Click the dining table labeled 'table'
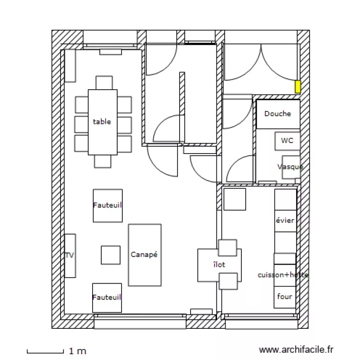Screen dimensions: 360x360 click(102, 122)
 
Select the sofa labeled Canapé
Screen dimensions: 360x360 click(144, 255)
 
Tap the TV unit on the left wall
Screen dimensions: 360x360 click(70, 255)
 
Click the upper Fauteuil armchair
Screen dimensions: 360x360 click(107, 205)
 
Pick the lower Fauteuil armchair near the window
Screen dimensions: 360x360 click(107, 298)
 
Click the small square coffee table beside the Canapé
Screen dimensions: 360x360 click(110, 255)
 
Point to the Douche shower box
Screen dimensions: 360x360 click(277, 114)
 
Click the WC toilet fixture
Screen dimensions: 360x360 click(287, 141)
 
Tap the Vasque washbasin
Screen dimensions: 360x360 click(291, 167)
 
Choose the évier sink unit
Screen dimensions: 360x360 click(285, 221)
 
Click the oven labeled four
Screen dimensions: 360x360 click(285, 297)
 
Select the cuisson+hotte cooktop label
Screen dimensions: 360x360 click(283, 275)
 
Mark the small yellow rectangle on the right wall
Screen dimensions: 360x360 click(298, 87)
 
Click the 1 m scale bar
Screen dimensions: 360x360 click(45, 351)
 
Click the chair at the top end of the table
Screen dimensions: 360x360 click(104, 83)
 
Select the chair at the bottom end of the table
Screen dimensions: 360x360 click(103, 161)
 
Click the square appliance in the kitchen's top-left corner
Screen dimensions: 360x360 click(235, 199)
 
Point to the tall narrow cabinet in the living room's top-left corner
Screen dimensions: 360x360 click(70, 66)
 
